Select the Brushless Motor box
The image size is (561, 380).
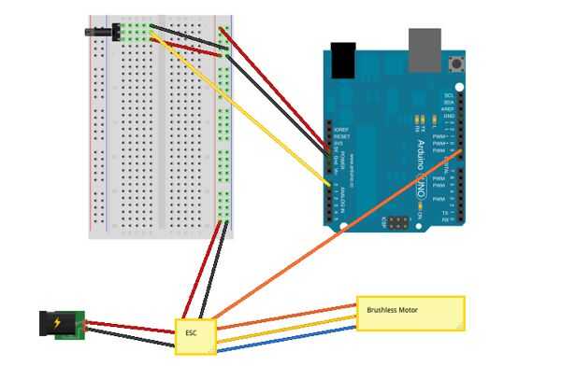pyautogui.click(x=410, y=313)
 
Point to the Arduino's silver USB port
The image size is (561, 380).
pyautogui.click(x=425, y=42)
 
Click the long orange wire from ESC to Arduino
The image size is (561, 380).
pyautogui.click(x=337, y=233)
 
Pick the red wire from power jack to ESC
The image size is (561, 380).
pyautogui.click(x=131, y=327)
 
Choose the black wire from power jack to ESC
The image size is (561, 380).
pyautogui.click(x=131, y=339)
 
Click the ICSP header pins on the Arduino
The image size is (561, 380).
pyautogui.click(x=399, y=224)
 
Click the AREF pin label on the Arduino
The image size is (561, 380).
pyautogui.click(x=449, y=108)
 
